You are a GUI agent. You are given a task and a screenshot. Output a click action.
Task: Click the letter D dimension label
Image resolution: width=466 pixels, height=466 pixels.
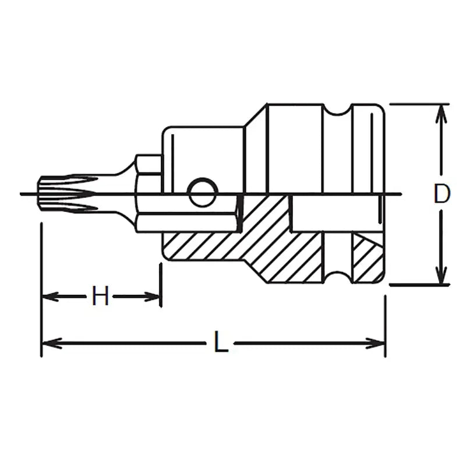442,194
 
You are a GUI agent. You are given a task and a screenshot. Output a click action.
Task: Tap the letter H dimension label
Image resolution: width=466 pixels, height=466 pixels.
101,297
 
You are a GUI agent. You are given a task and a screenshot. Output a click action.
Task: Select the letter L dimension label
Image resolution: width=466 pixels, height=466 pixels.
220,343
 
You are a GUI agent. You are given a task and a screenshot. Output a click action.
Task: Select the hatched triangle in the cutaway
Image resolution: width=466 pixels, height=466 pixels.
363,256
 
